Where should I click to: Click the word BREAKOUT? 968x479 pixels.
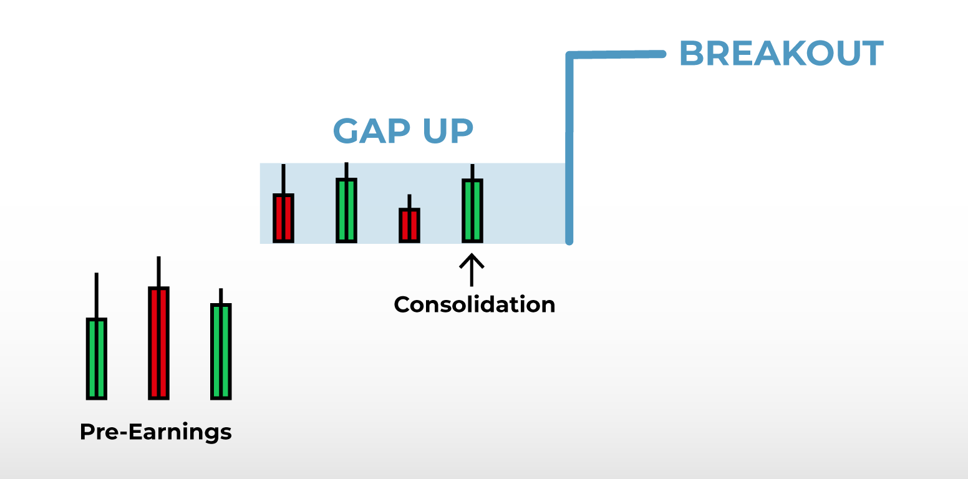click(x=781, y=54)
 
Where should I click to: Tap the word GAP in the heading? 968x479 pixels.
click(x=371, y=131)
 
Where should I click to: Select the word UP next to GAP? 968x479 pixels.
click(x=448, y=131)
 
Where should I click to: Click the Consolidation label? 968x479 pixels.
click(x=474, y=304)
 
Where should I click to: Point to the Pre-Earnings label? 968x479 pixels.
click(x=155, y=432)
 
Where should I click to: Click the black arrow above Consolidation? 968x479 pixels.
click(x=472, y=269)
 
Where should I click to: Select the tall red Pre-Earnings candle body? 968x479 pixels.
click(x=158, y=342)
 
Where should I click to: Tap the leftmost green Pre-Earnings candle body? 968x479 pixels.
click(x=97, y=359)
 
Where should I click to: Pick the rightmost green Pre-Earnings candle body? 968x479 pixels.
click(x=221, y=351)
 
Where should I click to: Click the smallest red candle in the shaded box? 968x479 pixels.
click(x=409, y=225)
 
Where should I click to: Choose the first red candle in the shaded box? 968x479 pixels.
click(x=283, y=218)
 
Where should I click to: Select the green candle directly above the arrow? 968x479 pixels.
click(x=472, y=210)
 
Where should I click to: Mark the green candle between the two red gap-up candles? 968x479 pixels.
click(x=346, y=210)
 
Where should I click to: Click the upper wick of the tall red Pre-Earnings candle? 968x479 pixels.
click(x=158, y=271)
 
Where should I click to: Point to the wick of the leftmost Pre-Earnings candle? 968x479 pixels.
click(x=97, y=296)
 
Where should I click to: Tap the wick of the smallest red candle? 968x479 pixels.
click(x=409, y=201)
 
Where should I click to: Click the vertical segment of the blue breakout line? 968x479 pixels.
click(x=569, y=150)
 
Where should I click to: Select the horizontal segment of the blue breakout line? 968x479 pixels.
click(x=617, y=55)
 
